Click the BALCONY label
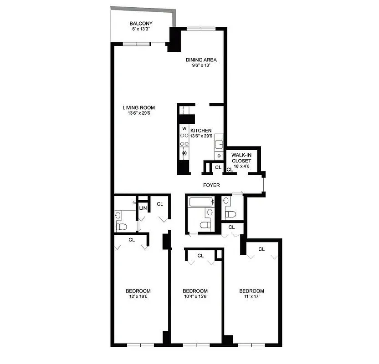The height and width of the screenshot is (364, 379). point(141,24)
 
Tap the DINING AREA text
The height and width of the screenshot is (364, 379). point(200,60)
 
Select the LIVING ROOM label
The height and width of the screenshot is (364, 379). point(138,108)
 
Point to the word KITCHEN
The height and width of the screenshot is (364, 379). point(201,131)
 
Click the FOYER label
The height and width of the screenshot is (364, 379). point(211,185)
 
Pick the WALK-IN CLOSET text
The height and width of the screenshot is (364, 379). point(241,157)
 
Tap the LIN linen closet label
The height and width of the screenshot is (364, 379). point(143,208)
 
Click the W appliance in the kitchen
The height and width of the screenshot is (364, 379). point(184,128)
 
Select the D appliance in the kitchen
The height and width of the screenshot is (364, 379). point(219,156)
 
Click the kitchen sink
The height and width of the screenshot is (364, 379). point(219,145)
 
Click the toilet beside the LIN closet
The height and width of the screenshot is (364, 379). point(121,226)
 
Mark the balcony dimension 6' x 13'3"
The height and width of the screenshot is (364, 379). point(141,30)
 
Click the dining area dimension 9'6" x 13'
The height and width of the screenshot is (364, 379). point(200,66)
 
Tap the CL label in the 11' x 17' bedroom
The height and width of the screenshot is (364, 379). point(261,249)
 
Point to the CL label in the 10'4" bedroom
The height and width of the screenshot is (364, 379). point(200,256)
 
